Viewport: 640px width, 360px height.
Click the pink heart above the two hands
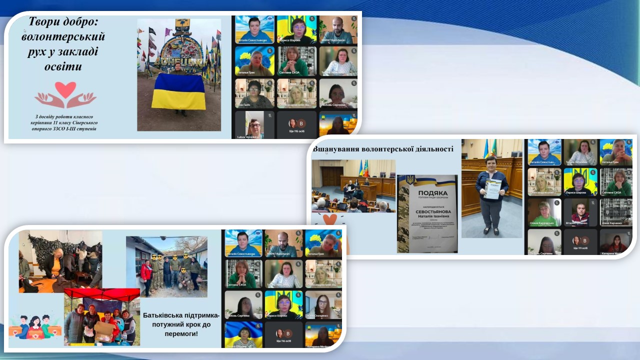coord(65,90)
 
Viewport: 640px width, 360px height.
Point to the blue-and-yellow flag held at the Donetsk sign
coord(178,91)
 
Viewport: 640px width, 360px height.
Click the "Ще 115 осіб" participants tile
coord(297,131)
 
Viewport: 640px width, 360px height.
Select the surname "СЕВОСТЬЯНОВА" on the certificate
coord(426,211)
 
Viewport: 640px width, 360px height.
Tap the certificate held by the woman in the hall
coord(492,189)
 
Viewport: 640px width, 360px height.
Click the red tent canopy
coord(101,293)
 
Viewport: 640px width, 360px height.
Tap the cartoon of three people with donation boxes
coord(33,325)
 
